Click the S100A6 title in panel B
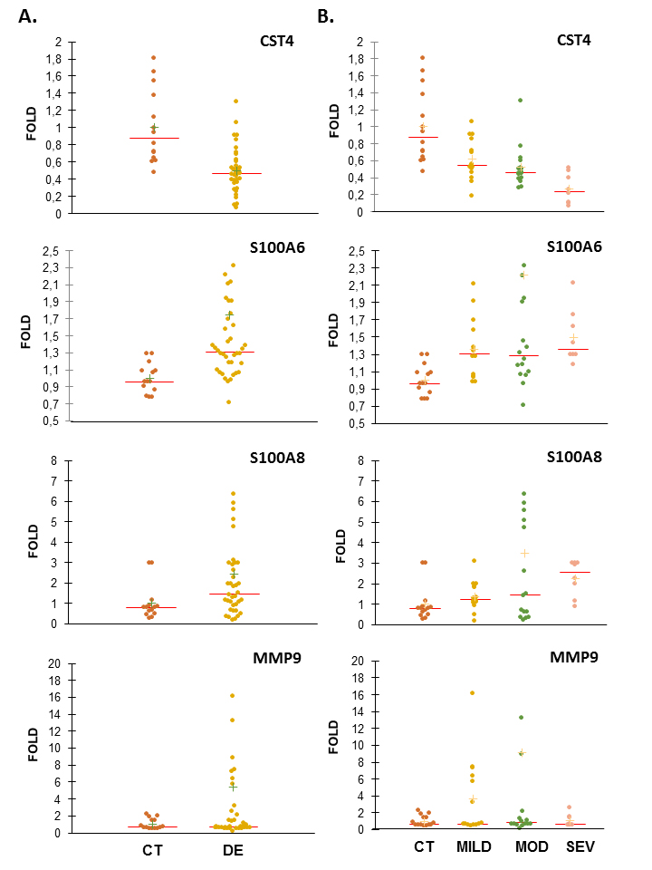point(576,247)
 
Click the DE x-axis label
point(233,851)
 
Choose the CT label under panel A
point(154,851)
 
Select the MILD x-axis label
point(473,846)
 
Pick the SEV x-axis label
point(575,846)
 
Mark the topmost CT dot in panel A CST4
point(154,57)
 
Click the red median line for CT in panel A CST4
point(154,138)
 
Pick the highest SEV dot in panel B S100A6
point(573,282)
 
